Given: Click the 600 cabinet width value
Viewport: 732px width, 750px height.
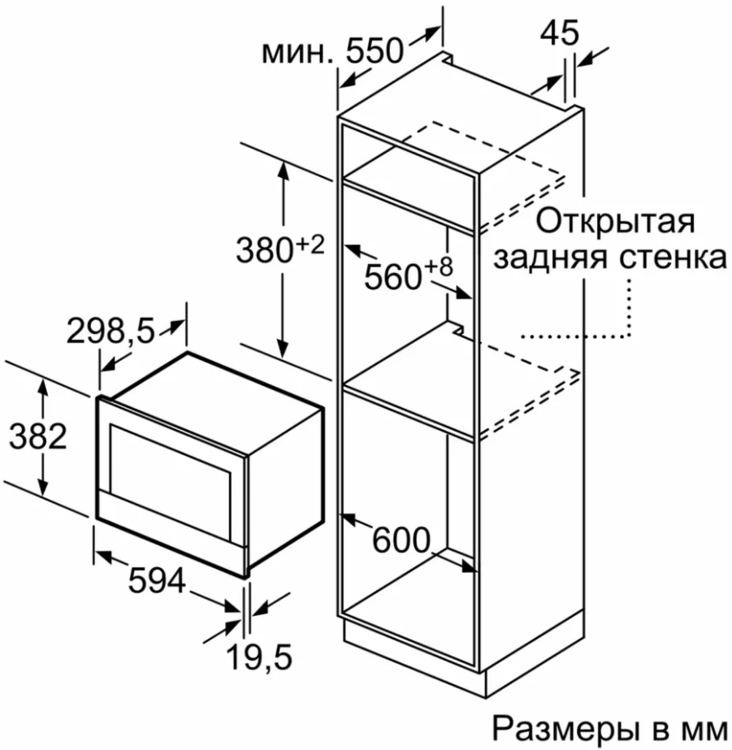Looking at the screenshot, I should (x=400, y=540).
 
